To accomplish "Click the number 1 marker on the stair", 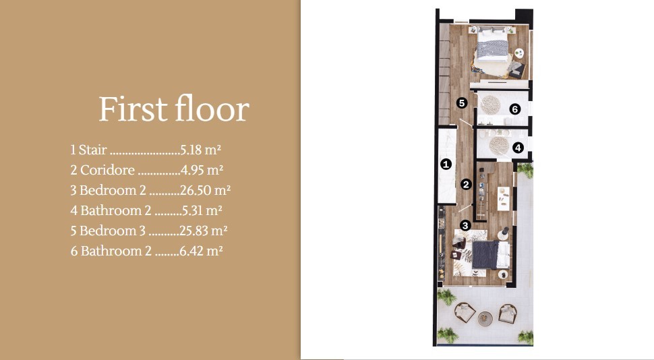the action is click(x=446, y=164).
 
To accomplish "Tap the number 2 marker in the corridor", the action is click(x=467, y=184).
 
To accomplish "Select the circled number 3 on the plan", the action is click(x=465, y=225).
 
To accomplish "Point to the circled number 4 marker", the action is click(x=518, y=148).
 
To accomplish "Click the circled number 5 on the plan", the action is click(x=461, y=102).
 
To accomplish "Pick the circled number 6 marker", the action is click(x=515, y=109).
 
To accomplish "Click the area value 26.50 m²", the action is click(x=205, y=190).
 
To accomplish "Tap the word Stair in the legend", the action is click(x=93, y=150).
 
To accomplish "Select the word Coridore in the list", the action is click(x=107, y=170).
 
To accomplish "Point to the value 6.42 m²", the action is click(x=201, y=251).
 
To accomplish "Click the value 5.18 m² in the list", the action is click(x=201, y=150).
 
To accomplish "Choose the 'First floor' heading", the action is click(x=174, y=109).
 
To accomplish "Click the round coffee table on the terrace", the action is click(x=485, y=319).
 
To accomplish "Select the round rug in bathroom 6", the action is click(x=489, y=104).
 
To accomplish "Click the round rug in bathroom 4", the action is click(x=499, y=146).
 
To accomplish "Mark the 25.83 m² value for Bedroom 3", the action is click(x=204, y=231).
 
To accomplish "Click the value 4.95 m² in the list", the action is click(x=202, y=170).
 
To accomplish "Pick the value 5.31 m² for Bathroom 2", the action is click(x=202, y=210).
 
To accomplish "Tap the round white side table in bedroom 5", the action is click(x=519, y=53).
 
